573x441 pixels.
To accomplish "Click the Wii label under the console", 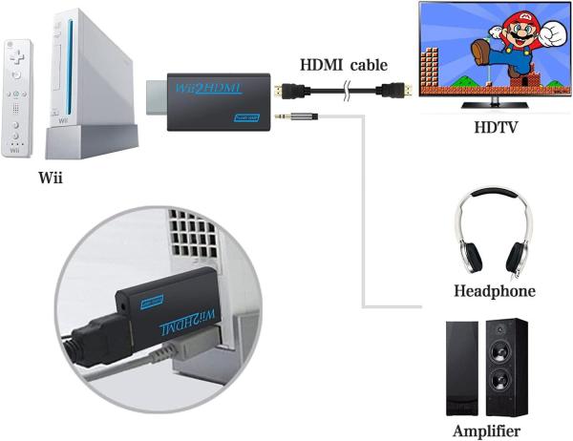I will click(x=53, y=178).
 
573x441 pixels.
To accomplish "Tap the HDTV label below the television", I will click(x=495, y=127).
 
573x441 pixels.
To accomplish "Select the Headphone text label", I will click(x=493, y=290).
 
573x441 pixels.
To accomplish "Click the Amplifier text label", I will click(x=491, y=430).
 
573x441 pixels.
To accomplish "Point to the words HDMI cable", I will click(x=344, y=65).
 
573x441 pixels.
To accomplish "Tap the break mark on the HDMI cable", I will click(x=350, y=94).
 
